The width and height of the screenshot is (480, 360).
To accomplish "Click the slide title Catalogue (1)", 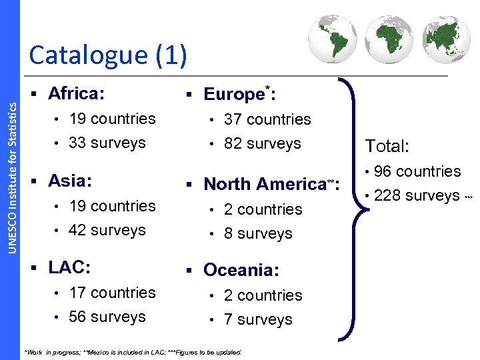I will tap(108, 55).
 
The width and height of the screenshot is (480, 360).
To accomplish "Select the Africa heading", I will tap(76, 93).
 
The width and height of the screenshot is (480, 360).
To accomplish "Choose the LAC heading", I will tap(69, 267).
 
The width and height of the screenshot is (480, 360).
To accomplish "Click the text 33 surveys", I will tap(107, 143).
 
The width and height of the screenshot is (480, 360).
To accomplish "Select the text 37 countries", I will tap(267, 119).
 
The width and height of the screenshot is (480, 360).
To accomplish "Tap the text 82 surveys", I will tap(263, 143).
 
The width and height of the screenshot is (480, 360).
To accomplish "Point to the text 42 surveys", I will tap(107, 230).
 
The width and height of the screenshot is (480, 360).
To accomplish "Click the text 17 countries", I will tap(112, 293).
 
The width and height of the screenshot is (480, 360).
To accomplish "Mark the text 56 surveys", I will tap(107, 317).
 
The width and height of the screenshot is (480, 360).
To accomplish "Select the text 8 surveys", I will tap(258, 233).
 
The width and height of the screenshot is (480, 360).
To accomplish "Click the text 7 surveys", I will tap(258, 319).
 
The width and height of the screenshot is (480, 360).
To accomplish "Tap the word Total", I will tap(387, 146).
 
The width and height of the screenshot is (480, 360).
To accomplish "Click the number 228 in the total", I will tap(388, 195).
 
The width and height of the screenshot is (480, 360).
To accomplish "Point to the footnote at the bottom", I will tap(133, 352).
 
